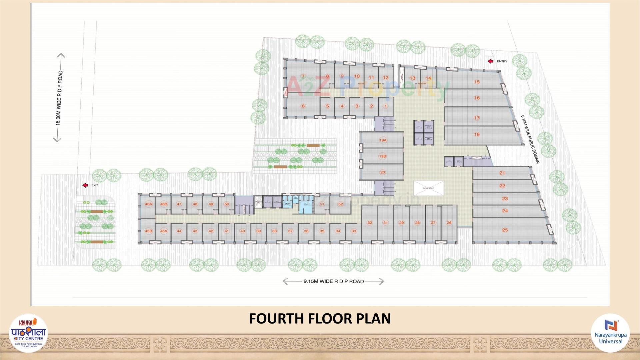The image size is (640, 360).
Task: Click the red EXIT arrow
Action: (85, 185)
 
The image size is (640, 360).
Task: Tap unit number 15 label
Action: (477, 82)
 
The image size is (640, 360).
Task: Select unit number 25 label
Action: (505, 230)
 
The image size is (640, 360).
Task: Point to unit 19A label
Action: (382, 140)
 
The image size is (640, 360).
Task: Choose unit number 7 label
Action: (303, 76)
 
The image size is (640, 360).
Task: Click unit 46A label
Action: (148, 204)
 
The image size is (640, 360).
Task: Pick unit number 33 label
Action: (354, 231)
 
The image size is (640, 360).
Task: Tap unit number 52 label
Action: (340, 204)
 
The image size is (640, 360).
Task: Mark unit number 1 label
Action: (386, 106)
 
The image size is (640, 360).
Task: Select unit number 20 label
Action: (382, 172)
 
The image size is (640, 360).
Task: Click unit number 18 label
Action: (477, 134)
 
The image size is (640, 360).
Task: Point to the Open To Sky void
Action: (429, 188)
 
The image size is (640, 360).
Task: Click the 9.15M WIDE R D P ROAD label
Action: (333, 281)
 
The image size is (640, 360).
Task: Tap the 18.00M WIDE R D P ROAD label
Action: (59, 97)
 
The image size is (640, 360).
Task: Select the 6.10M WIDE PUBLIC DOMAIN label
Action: (530, 139)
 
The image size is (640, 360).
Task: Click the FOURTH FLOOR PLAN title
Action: (320, 318)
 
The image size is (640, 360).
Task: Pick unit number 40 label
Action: (242, 231)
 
